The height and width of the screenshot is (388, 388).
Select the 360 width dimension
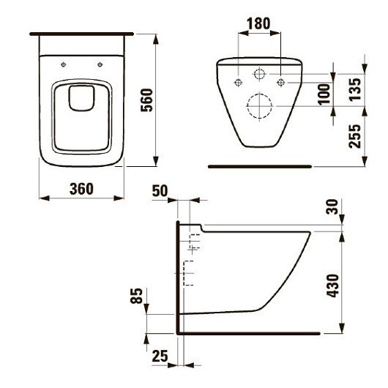coord(81,188)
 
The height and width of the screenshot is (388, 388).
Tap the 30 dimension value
coord(334,209)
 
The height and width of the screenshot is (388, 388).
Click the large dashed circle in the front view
coord(260,107)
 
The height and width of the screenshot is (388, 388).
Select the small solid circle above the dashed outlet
coord(260,74)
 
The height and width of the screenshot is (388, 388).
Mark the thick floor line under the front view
coord(260,167)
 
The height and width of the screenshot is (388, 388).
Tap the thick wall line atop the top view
coord(82,34)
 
